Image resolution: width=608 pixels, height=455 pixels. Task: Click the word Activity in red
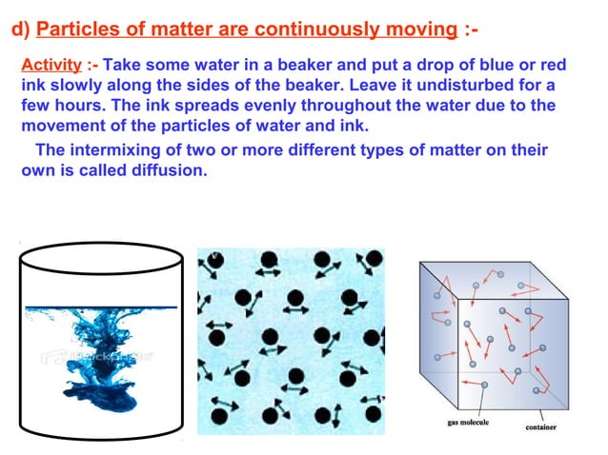pos(50,66)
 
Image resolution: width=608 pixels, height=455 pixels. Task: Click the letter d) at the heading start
pos(20,30)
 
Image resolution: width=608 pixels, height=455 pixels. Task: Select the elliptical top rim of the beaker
pos(101,254)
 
